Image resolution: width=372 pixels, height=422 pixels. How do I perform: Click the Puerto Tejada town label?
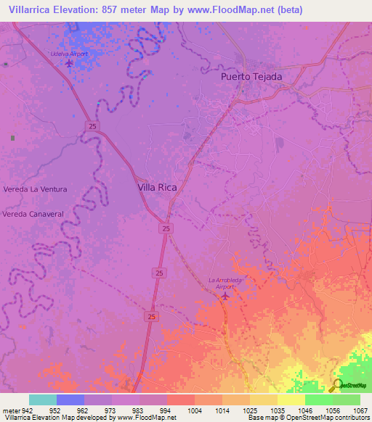(251, 76)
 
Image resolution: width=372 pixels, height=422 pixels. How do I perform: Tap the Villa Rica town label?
(158, 186)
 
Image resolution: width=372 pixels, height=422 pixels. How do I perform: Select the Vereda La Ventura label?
(36, 189)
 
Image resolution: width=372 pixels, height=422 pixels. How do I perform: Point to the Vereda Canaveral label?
(34, 215)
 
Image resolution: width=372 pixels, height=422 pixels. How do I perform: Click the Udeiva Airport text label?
(69, 54)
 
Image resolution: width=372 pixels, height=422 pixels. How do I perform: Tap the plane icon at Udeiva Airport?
(69, 63)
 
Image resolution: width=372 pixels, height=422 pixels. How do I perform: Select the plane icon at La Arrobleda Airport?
(224, 295)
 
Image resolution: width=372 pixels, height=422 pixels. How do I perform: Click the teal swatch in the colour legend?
(43, 400)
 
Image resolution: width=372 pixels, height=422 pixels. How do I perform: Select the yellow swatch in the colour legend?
(291, 400)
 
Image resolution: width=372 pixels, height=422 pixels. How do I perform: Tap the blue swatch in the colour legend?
(70, 400)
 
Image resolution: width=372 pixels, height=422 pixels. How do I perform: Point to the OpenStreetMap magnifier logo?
(336, 385)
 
